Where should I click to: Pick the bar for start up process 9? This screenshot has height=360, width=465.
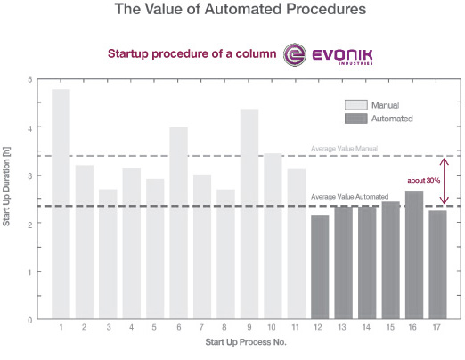249,214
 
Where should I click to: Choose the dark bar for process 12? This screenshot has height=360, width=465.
320,266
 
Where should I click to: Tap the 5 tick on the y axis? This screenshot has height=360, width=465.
29,80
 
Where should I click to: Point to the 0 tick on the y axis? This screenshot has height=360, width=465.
29,319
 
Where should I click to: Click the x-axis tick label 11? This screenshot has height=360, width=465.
296,328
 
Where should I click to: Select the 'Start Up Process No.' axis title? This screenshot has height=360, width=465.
249,343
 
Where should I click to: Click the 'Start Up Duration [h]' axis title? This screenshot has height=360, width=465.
8,200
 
